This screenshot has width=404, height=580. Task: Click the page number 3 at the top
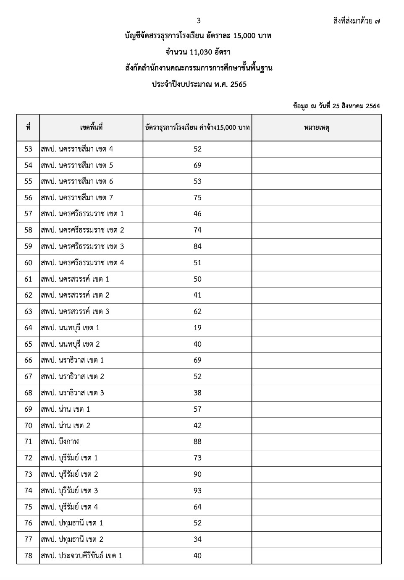click(x=199, y=21)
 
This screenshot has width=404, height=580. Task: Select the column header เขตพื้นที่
click(x=91, y=128)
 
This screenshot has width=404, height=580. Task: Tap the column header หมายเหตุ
click(x=316, y=128)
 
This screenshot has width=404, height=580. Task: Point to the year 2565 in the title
click(x=238, y=84)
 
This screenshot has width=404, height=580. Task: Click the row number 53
click(x=28, y=149)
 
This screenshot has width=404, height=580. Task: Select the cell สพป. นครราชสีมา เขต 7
click(x=77, y=198)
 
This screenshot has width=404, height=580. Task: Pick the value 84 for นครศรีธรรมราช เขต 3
click(x=197, y=246)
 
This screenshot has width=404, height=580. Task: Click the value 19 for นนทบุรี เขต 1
click(x=197, y=328)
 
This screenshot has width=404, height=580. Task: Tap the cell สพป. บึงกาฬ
click(x=60, y=442)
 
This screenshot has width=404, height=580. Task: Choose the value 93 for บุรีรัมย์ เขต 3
click(x=197, y=491)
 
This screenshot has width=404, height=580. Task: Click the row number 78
click(x=28, y=556)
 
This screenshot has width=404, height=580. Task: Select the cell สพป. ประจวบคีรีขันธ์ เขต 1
click(x=81, y=556)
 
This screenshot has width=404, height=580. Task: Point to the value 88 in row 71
click(x=197, y=442)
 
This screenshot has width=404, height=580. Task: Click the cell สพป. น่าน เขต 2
click(x=66, y=426)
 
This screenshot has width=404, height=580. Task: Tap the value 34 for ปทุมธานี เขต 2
click(x=197, y=539)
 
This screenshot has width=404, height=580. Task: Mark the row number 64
click(x=28, y=328)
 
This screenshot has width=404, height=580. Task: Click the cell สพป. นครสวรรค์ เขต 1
click(x=75, y=279)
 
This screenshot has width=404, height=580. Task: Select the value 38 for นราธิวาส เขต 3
click(x=197, y=393)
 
